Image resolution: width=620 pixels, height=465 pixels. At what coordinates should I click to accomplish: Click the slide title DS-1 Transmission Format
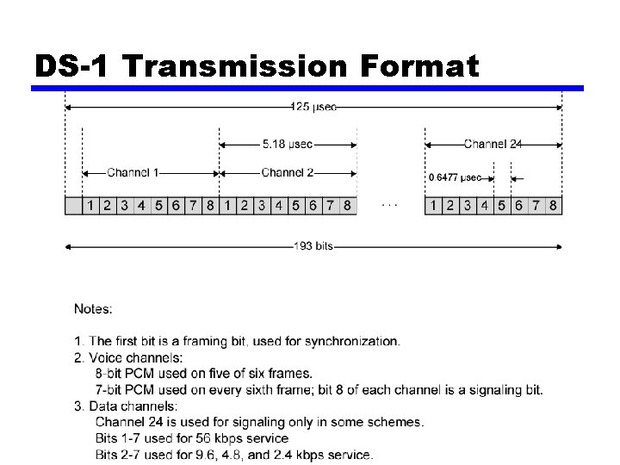[x=256, y=65]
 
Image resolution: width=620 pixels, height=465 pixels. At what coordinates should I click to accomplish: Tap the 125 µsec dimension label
[x=314, y=107]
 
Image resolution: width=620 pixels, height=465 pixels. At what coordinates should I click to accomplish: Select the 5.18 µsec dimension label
[x=288, y=144]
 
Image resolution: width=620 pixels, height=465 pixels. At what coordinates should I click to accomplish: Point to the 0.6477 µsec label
[x=455, y=178]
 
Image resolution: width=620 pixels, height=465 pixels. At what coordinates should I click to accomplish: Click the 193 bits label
[x=313, y=246]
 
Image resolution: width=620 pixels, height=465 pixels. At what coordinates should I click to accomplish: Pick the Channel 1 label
[x=133, y=173]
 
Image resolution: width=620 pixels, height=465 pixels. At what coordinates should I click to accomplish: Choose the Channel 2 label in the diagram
[x=288, y=173]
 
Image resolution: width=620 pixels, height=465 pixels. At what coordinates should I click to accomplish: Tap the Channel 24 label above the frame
[x=493, y=144]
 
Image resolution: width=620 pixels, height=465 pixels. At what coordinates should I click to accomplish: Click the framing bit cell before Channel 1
[x=73, y=206]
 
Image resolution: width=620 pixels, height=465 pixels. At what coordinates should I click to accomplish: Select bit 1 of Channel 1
[x=90, y=206]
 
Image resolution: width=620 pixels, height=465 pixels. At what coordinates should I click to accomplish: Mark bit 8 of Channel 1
[x=210, y=206]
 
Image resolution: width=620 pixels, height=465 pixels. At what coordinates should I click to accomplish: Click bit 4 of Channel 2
[x=278, y=206]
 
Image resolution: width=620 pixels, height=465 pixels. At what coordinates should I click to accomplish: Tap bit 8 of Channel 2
[x=347, y=206]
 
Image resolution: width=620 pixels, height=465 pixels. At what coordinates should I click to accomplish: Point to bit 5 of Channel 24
[x=501, y=206]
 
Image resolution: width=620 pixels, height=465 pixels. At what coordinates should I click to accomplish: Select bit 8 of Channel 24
[x=553, y=206]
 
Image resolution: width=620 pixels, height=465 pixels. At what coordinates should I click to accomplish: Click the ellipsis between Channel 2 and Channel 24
[x=390, y=205]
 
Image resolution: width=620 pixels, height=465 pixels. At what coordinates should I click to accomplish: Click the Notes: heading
[x=93, y=308]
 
